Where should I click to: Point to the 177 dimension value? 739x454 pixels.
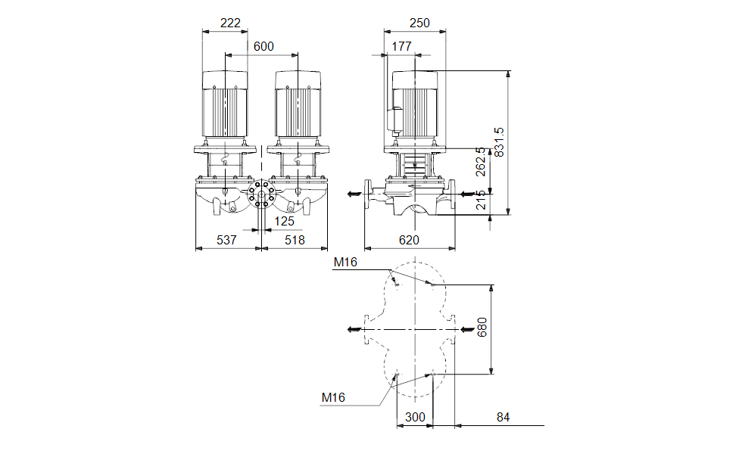coord(401,46)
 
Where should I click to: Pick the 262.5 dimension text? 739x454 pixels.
coord(480,162)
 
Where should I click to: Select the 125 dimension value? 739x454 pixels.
coord(284,221)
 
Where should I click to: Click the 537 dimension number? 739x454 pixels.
coord(226,240)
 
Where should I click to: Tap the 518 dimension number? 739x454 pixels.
coord(295,240)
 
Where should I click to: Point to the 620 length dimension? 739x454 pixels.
coord(410,240)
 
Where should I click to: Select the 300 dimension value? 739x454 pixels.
coord(414,417)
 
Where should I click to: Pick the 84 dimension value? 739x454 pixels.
coord(504,417)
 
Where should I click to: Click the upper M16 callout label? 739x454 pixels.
coord(345,263)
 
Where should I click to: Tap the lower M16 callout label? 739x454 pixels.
coord(333,397)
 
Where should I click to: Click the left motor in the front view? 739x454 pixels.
coord(225,105)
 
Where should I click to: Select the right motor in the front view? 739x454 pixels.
coord(298,105)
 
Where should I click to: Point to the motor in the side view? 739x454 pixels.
coord(414,106)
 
